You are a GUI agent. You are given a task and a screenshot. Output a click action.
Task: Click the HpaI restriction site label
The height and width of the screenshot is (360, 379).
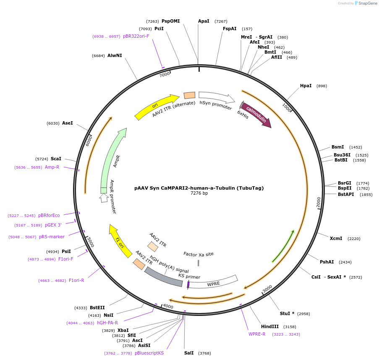pos(306,86)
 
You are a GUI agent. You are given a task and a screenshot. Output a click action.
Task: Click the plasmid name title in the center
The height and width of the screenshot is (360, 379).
pos(199,188)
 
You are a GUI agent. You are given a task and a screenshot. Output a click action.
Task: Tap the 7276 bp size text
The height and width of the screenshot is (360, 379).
pos(199,193)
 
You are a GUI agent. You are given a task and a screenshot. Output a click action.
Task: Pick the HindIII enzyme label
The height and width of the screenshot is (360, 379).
pos(270,326)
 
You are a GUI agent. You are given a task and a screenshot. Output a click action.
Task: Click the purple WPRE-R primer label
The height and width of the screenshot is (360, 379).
pos(257,334)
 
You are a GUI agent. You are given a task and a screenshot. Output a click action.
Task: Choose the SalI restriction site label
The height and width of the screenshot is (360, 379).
pos(189,353)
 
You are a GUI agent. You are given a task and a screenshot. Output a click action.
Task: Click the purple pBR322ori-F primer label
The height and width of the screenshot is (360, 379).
pos(136,36)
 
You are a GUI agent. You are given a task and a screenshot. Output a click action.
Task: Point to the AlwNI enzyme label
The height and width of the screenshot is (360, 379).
pos(115,55)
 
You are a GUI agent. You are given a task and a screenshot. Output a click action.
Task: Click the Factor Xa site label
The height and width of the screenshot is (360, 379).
pos(199,254)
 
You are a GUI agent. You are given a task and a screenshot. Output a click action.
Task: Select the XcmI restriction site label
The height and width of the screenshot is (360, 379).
pos(336,238)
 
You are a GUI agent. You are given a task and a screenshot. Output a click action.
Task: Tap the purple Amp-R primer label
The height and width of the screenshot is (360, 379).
pos(52,167)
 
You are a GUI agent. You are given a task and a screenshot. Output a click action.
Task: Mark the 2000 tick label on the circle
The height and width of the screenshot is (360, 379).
pos(318,202)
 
